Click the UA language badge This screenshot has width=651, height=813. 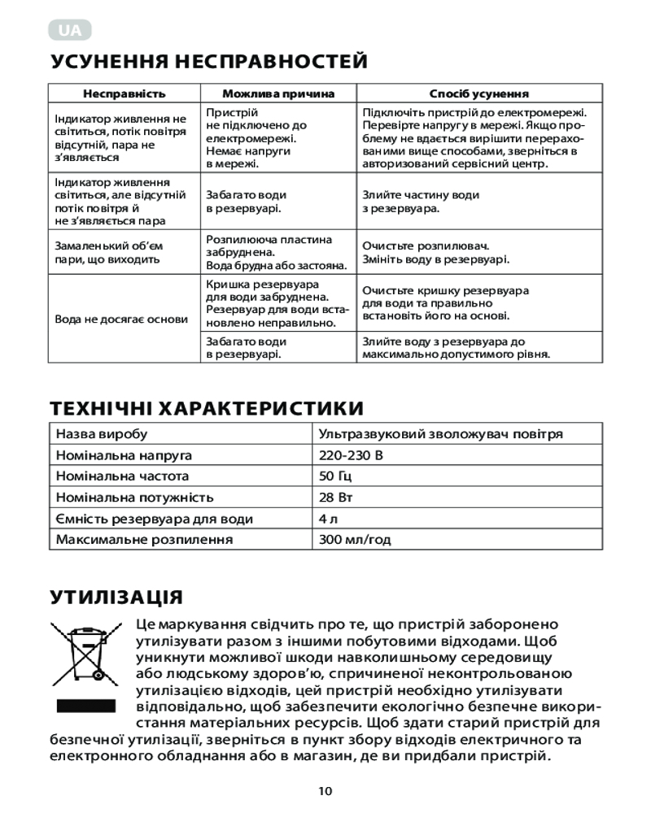[70, 32]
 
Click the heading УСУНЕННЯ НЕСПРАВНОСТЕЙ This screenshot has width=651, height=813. [209, 62]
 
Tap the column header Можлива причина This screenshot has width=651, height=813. [278, 94]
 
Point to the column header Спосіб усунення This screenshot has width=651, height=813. [479, 94]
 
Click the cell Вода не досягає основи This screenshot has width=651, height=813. [121, 320]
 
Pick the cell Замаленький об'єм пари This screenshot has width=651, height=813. [109, 252]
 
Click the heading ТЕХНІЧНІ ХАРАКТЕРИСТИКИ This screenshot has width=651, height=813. [207, 407]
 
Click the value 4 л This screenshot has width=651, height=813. [328, 519]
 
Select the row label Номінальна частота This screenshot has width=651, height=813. [122, 476]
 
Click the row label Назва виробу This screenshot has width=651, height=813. [101, 434]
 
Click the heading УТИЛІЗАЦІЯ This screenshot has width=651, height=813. [116, 597]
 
